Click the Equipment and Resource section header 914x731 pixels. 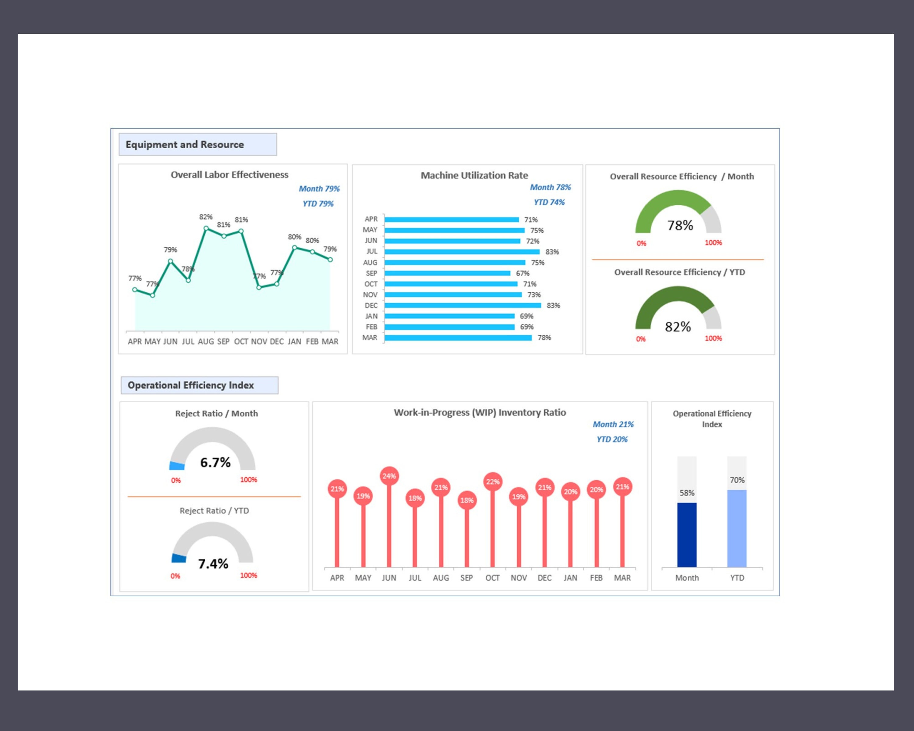click(x=197, y=144)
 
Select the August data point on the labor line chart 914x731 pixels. click(x=206, y=228)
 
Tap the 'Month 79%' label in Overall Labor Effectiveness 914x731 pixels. click(x=319, y=189)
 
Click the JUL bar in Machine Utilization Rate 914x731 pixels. click(x=462, y=252)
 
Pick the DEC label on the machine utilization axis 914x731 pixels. click(x=371, y=305)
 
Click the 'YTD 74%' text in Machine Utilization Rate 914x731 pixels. click(x=549, y=203)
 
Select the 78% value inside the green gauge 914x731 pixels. click(x=680, y=225)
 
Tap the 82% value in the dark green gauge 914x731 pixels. click(x=678, y=327)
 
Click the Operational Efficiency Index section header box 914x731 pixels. click(x=199, y=385)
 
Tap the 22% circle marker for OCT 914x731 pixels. click(x=493, y=482)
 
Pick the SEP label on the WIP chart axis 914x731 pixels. click(x=466, y=578)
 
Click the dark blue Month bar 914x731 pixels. click(x=686, y=535)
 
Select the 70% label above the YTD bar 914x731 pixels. click(x=737, y=480)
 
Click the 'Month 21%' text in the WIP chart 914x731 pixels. click(x=613, y=425)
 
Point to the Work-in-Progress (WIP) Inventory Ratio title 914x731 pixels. click(x=480, y=413)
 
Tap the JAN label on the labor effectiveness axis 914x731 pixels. click(x=294, y=341)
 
